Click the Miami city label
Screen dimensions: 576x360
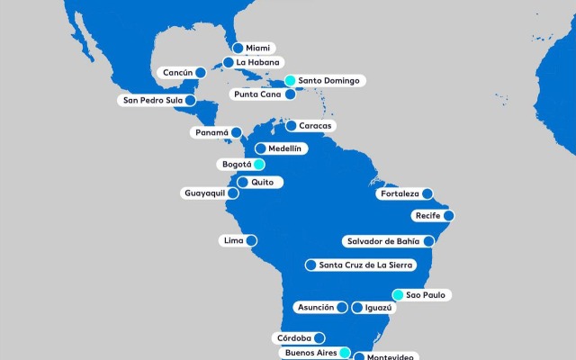(257, 48)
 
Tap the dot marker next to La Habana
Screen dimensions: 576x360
(229, 63)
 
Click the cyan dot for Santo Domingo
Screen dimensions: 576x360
(290, 81)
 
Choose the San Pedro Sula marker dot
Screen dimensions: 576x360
(190, 101)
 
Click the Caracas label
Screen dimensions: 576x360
(315, 125)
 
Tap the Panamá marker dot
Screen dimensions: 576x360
(236, 132)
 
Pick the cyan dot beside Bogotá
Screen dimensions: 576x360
(258, 165)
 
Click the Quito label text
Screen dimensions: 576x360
(262, 182)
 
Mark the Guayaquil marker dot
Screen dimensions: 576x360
(233, 193)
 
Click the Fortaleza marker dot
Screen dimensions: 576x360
(428, 193)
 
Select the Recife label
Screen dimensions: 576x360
(427, 215)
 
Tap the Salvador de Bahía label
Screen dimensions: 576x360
(382, 240)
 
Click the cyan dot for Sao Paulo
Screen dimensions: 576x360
(398, 294)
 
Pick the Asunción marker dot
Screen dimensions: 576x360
(343, 307)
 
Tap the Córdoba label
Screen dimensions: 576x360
(294, 338)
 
